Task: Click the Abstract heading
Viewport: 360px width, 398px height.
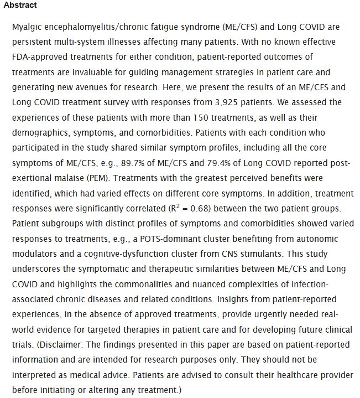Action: (x=20, y=5)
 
